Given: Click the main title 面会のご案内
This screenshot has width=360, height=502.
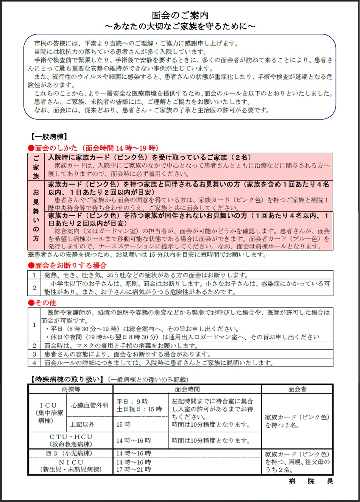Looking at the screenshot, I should (180, 15).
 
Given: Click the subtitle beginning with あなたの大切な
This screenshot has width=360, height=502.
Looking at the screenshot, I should (180, 26).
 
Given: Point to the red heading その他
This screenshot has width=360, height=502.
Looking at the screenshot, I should (42, 302).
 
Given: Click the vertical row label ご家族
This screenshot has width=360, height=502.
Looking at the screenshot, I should (36, 167).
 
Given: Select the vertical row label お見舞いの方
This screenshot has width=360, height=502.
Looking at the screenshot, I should (36, 215).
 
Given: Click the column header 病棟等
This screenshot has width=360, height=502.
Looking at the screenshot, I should (71, 389).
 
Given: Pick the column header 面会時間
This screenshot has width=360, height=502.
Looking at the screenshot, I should (187, 389).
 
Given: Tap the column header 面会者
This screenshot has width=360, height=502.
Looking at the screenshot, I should (297, 389).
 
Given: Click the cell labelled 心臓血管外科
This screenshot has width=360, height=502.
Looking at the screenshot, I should (90, 405).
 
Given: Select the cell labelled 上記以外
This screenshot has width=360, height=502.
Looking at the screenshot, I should (82, 424).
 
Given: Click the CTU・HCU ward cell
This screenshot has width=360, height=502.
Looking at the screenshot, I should (71, 440).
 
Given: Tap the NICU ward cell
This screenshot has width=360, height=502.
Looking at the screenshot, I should (71, 466).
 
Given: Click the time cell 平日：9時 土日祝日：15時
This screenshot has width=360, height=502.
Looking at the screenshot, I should (139, 405).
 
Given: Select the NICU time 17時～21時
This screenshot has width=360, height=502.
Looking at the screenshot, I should (134, 469).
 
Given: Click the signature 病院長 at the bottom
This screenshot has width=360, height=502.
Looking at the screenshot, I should (311, 481).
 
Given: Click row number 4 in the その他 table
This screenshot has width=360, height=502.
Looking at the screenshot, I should (34, 363).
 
